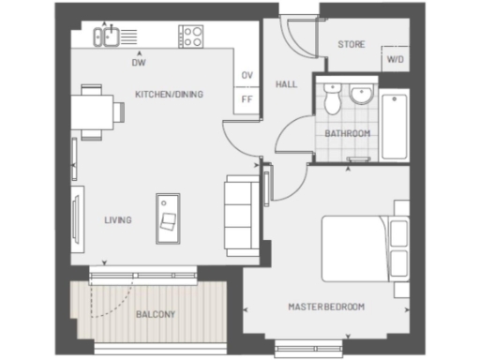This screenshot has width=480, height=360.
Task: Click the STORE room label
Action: pyautogui.click(x=351, y=44)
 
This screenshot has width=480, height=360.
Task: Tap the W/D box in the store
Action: pyautogui.click(x=395, y=60)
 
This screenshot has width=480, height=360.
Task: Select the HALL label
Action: pyautogui.click(x=286, y=84)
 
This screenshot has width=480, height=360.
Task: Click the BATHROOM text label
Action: pyautogui.click(x=348, y=134)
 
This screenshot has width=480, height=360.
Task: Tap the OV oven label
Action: pyautogui.click(x=247, y=75)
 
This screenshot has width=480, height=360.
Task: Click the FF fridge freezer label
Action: pyautogui.click(x=247, y=97)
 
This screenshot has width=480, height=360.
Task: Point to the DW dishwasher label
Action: pyautogui.click(x=139, y=65)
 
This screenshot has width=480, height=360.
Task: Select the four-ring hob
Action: pyautogui.click(x=191, y=37)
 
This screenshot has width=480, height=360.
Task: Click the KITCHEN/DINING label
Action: pyautogui.click(x=169, y=95)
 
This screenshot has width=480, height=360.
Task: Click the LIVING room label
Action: pyautogui.click(x=117, y=220)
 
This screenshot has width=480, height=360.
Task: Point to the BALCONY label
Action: pyautogui.click(x=155, y=315)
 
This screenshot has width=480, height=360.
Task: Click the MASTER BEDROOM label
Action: pyautogui.click(x=326, y=307)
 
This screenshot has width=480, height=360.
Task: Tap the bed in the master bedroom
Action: pyautogui.click(x=356, y=247)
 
